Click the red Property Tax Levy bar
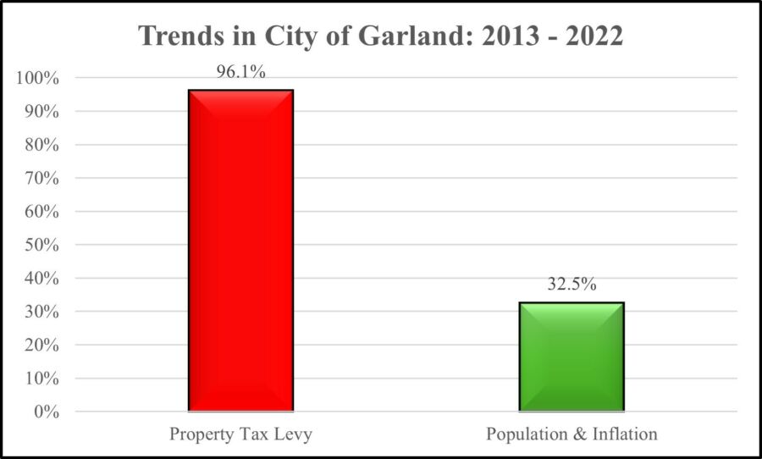240,251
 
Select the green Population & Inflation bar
571,357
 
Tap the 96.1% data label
240,73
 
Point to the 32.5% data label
571,285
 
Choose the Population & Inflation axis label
571,434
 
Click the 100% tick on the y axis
37,78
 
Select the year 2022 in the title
591,36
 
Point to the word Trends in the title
179,36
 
